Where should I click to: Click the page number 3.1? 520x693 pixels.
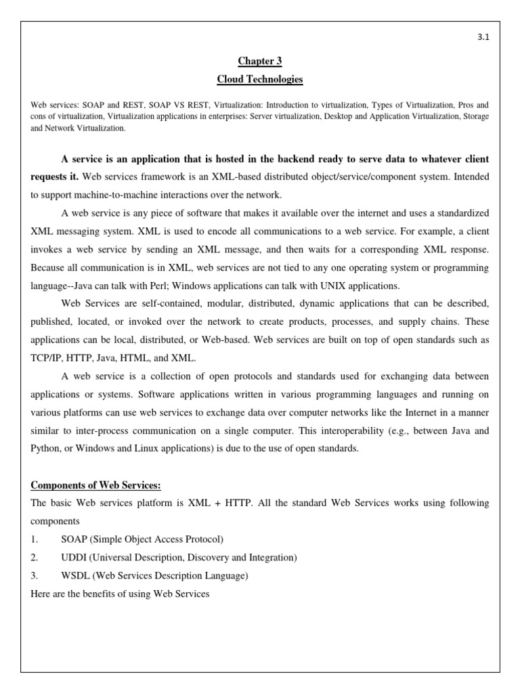[x=483, y=37]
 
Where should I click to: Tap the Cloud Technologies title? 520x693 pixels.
[x=260, y=80]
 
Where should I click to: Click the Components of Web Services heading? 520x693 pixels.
[x=96, y=485]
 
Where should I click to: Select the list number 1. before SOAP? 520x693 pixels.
[x=35, y=539]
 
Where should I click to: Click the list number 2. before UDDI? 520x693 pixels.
[x=35, y=558]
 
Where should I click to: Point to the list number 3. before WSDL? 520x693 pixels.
[x=35, y=576]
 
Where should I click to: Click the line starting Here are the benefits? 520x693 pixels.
[x=121, y=594]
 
